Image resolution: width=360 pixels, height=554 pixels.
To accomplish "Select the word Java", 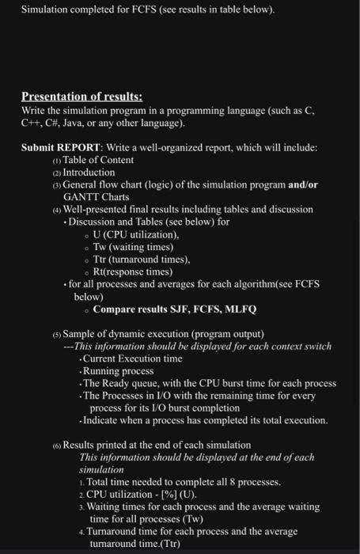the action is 81,123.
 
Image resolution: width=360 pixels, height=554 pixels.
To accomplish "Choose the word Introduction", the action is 89,173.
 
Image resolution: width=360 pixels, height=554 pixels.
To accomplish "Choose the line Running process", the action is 119,370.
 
